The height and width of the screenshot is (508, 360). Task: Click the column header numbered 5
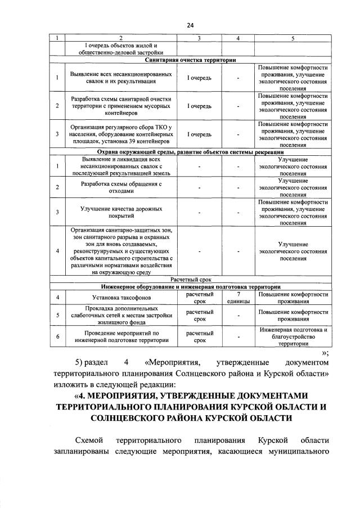coord(292,38)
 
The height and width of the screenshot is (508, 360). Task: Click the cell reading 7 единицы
coord(238,297)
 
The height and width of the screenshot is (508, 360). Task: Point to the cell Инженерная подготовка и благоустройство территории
coord(292,336)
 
